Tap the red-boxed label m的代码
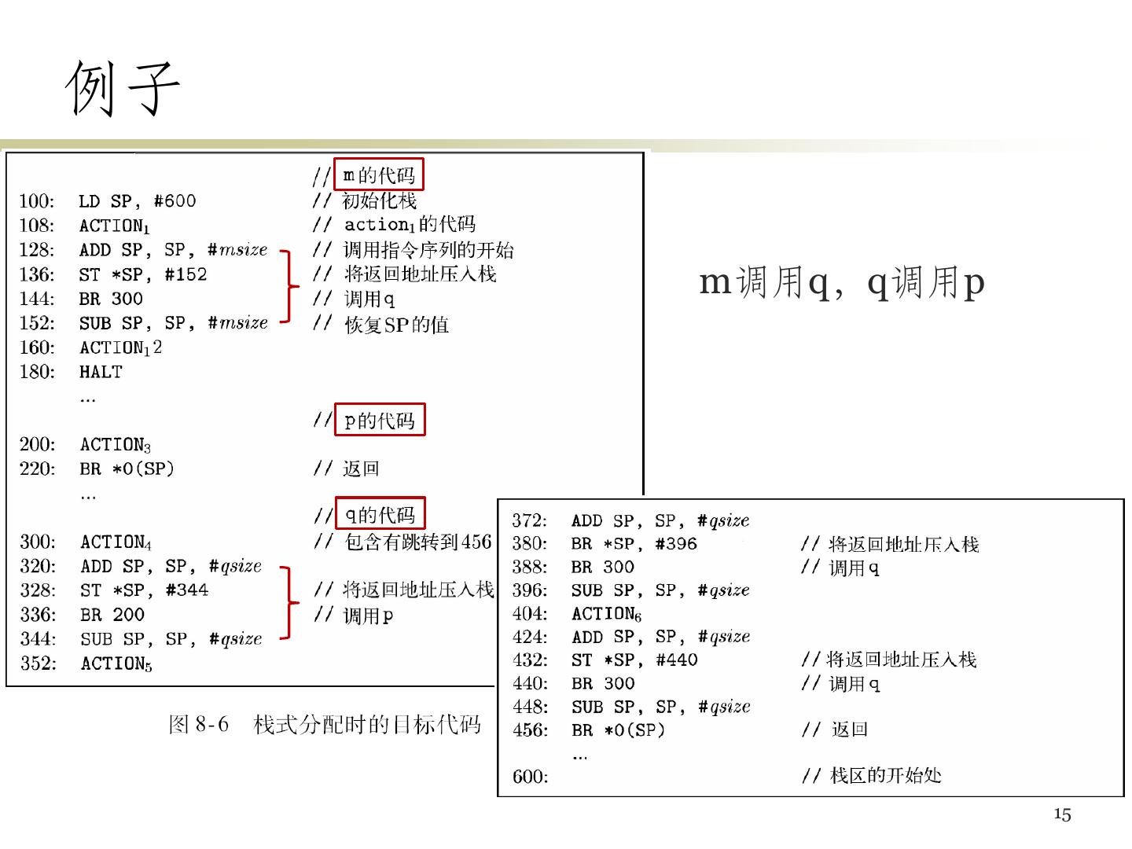[x=379, y=175]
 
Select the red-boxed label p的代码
[x=380, y=421]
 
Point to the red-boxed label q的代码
[x=380, y=515]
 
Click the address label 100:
[x=37, y=201]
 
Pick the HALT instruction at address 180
[x=101, y=372]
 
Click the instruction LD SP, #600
[x=138, y=201]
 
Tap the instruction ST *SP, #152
[x=143, y=274]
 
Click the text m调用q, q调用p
[x=842, y=282]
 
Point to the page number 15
[x=1062, y=814]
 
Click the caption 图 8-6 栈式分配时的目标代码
[x=325, y=724]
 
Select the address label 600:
[x=531, y=777]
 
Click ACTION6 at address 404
[x=606, y=614]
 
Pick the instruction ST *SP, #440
[x=634, y=660]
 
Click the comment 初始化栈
[x=380, y=201]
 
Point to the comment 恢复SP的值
[x=396, y=325]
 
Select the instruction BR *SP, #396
[x=634, y=544]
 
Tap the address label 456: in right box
[x=531, y=730]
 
